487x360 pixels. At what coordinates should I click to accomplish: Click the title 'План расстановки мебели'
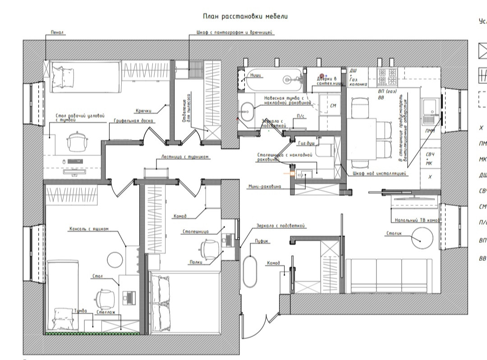[245, 16]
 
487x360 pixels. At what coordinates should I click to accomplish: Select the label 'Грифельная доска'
[134, 121]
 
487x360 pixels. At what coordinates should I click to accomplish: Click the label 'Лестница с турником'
[185, 157]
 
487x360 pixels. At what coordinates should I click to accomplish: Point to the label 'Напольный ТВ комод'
[415, 220]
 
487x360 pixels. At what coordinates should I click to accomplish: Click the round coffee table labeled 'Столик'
[422, 237]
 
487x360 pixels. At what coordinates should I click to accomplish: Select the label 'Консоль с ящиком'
[89, 229]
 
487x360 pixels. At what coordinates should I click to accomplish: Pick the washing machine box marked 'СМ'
[333, 105]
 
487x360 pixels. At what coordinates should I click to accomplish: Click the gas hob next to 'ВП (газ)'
[388, 77]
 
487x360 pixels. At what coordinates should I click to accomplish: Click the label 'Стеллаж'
[104, 311]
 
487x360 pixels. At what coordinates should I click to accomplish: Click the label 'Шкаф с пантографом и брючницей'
[235, 32]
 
